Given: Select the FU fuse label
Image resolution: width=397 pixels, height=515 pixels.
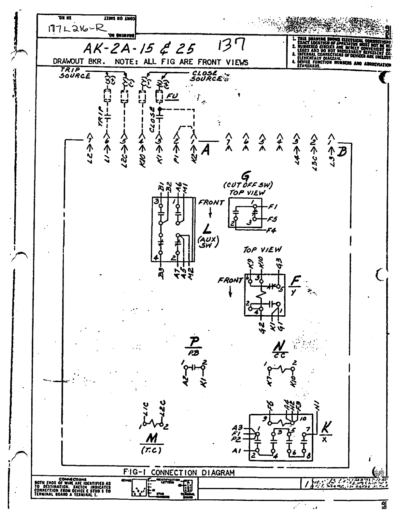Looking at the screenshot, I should tap(171, 96).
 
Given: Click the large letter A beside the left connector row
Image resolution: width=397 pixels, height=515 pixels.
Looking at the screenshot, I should tap(205, 150).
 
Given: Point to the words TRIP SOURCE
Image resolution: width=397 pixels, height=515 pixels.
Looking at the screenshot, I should tap(75, 73).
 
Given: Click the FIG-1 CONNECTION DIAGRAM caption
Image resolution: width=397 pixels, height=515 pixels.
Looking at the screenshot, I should tap(179, 472).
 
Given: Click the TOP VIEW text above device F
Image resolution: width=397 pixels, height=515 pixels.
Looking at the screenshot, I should tap(262, 250).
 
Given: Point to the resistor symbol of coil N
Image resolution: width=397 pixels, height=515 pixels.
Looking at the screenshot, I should tap(281, 369).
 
